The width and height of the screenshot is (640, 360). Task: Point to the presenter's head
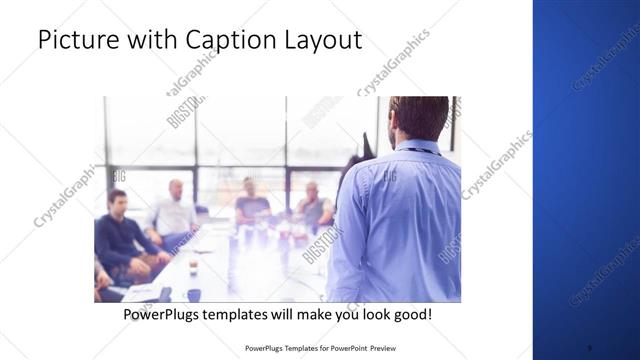418,116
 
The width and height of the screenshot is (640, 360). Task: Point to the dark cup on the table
193,267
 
